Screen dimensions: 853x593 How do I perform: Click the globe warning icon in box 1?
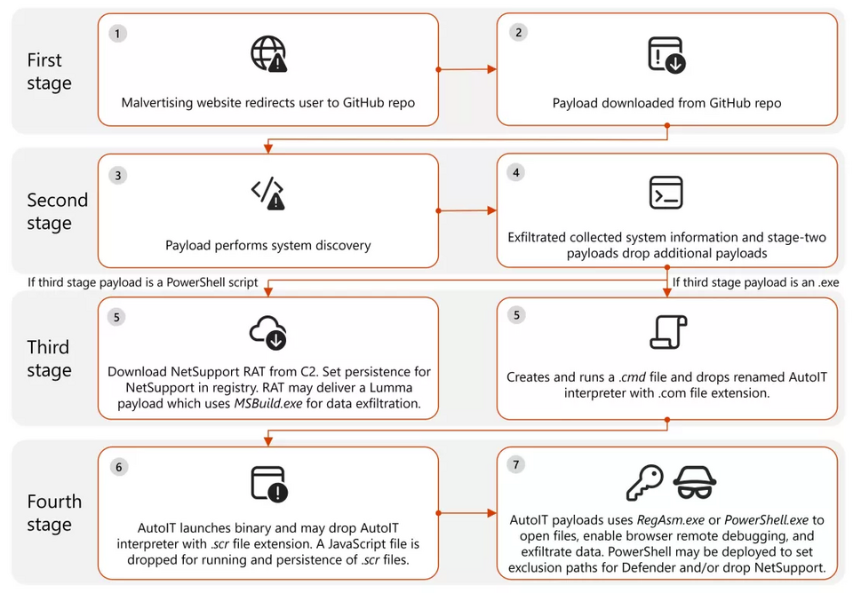click(x=268, y=54)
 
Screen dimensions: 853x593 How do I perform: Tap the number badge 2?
click(x=518, y=33)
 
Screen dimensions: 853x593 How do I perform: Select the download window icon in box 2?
click(x=667, y=54)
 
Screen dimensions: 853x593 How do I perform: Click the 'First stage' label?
click(x=49, y=71)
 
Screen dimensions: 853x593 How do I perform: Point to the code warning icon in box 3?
click(x=267, y=194)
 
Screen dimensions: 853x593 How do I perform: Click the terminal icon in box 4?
click(x=666, y=193)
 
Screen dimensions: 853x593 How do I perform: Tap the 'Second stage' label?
click(x=57, y=211)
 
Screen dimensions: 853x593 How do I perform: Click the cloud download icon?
click(x=268, y=332)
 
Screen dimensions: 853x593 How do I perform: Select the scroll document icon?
click(x=668, y=331)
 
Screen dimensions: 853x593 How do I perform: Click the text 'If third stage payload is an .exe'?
click(x=755, y=282)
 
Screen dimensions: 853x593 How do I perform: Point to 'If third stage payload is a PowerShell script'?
click(x=142, y=282)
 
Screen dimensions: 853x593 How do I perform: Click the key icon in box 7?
click(x=645, y=482)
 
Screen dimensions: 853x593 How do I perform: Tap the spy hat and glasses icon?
click(x=695, y=482)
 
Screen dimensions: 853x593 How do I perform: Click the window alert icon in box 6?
click(x=269, y=485)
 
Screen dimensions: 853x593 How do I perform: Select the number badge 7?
click(x=515, y=465)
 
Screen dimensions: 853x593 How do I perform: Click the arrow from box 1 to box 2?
click(x=467, y=69)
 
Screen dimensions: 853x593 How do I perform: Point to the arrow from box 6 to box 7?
click(x=467, y=513)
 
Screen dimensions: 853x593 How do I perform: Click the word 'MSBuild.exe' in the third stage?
click(x=268, y=403)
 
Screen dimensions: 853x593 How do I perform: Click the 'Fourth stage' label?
click(x=54, y=512)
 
